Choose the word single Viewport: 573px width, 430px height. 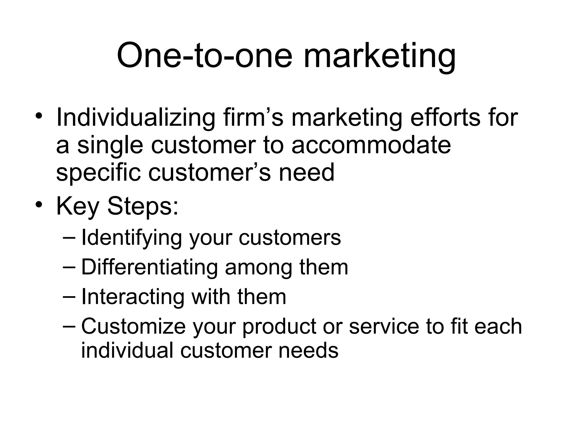click(x=110, y=146)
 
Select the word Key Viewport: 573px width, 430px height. click(x=78, y=207)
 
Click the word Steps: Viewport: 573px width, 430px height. click(x=143, y=207)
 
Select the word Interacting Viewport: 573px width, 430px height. click(x=133, y=296)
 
